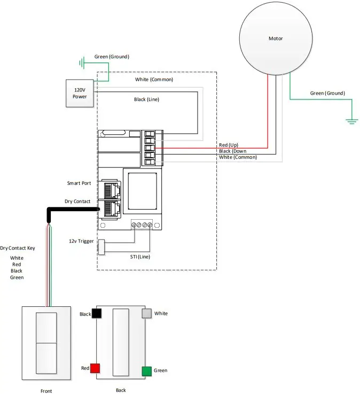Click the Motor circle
pyautogui.click(x=275, y=38)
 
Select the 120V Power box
pyautogui.click(x=80, y=93)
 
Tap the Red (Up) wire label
pyautogui.click(x=231, y=145)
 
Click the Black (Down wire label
pyautogui.click(x=232, y=151)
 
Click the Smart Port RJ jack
pyautogui.click(x=109, y=190)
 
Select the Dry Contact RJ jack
pyautogui.click(x=109, y=209)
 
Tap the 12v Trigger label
pyautogui.click(x=82, y=241)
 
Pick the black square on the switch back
pyautogui.click(x=97, y=314)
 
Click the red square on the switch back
pyautogui.click(x=95, y=368)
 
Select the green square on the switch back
pyautogui.click(x=146, y=370)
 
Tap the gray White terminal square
pyautogui.click(x=146, y=314)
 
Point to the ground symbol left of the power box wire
pyautogui.click(x=82, y=64)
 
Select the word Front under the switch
pyautogui.click(x=46, y=391)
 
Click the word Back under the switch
pyautogui.click(x=121, y=390)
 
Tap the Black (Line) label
pyautogui.click(x=146, y=99)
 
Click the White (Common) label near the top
pyautogui.click(x=154, y=80)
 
